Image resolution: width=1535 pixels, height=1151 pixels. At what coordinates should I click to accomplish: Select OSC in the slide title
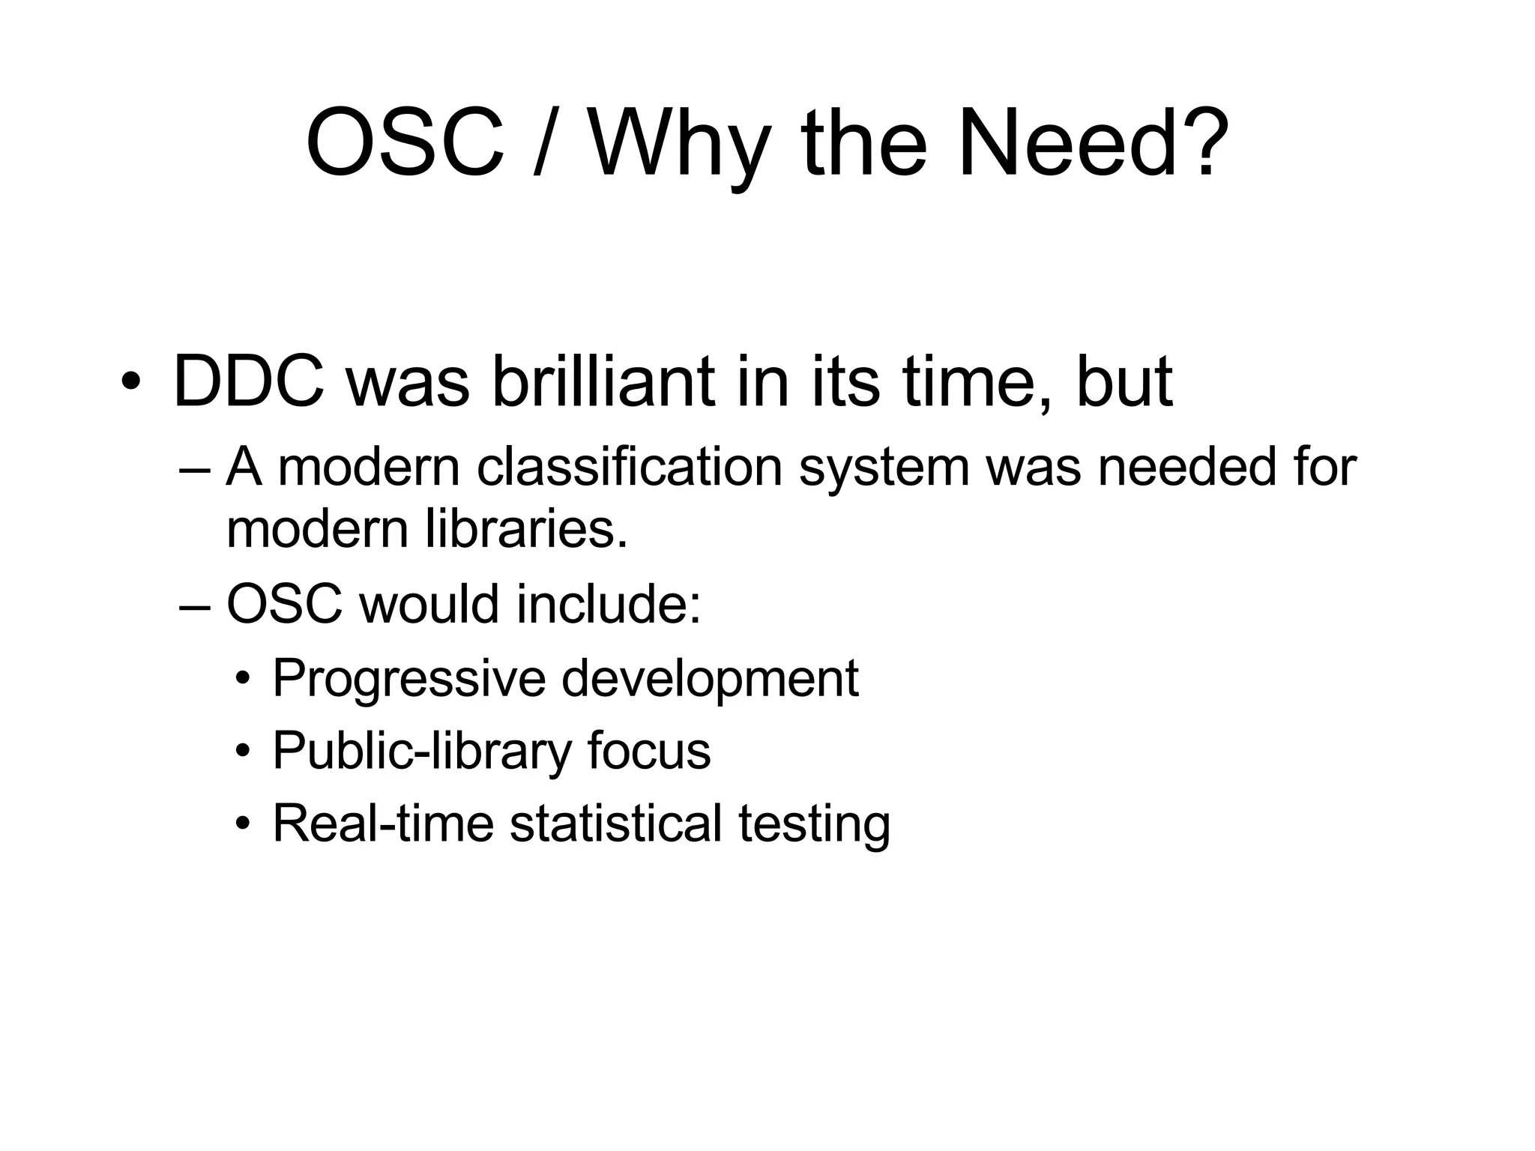click(x=405, y=142)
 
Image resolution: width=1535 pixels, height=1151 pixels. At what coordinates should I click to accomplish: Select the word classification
click(x=629, y=467)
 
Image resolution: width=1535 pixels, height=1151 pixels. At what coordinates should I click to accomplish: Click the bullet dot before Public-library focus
click(x=242, y=752)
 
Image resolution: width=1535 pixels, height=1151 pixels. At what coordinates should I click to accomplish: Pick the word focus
click(x=648, y=750)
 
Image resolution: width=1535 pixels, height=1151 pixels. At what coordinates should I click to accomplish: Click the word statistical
click(x=615, y=824)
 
